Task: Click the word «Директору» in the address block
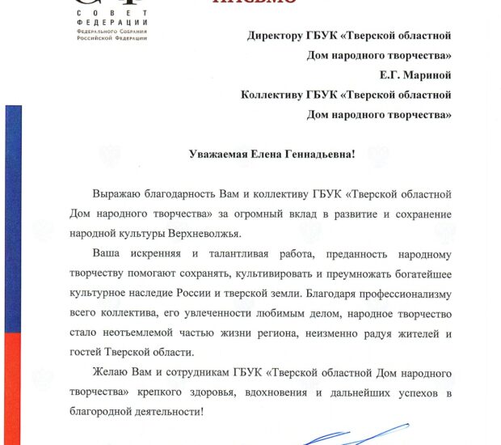277,36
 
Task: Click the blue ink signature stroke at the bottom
339,439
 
